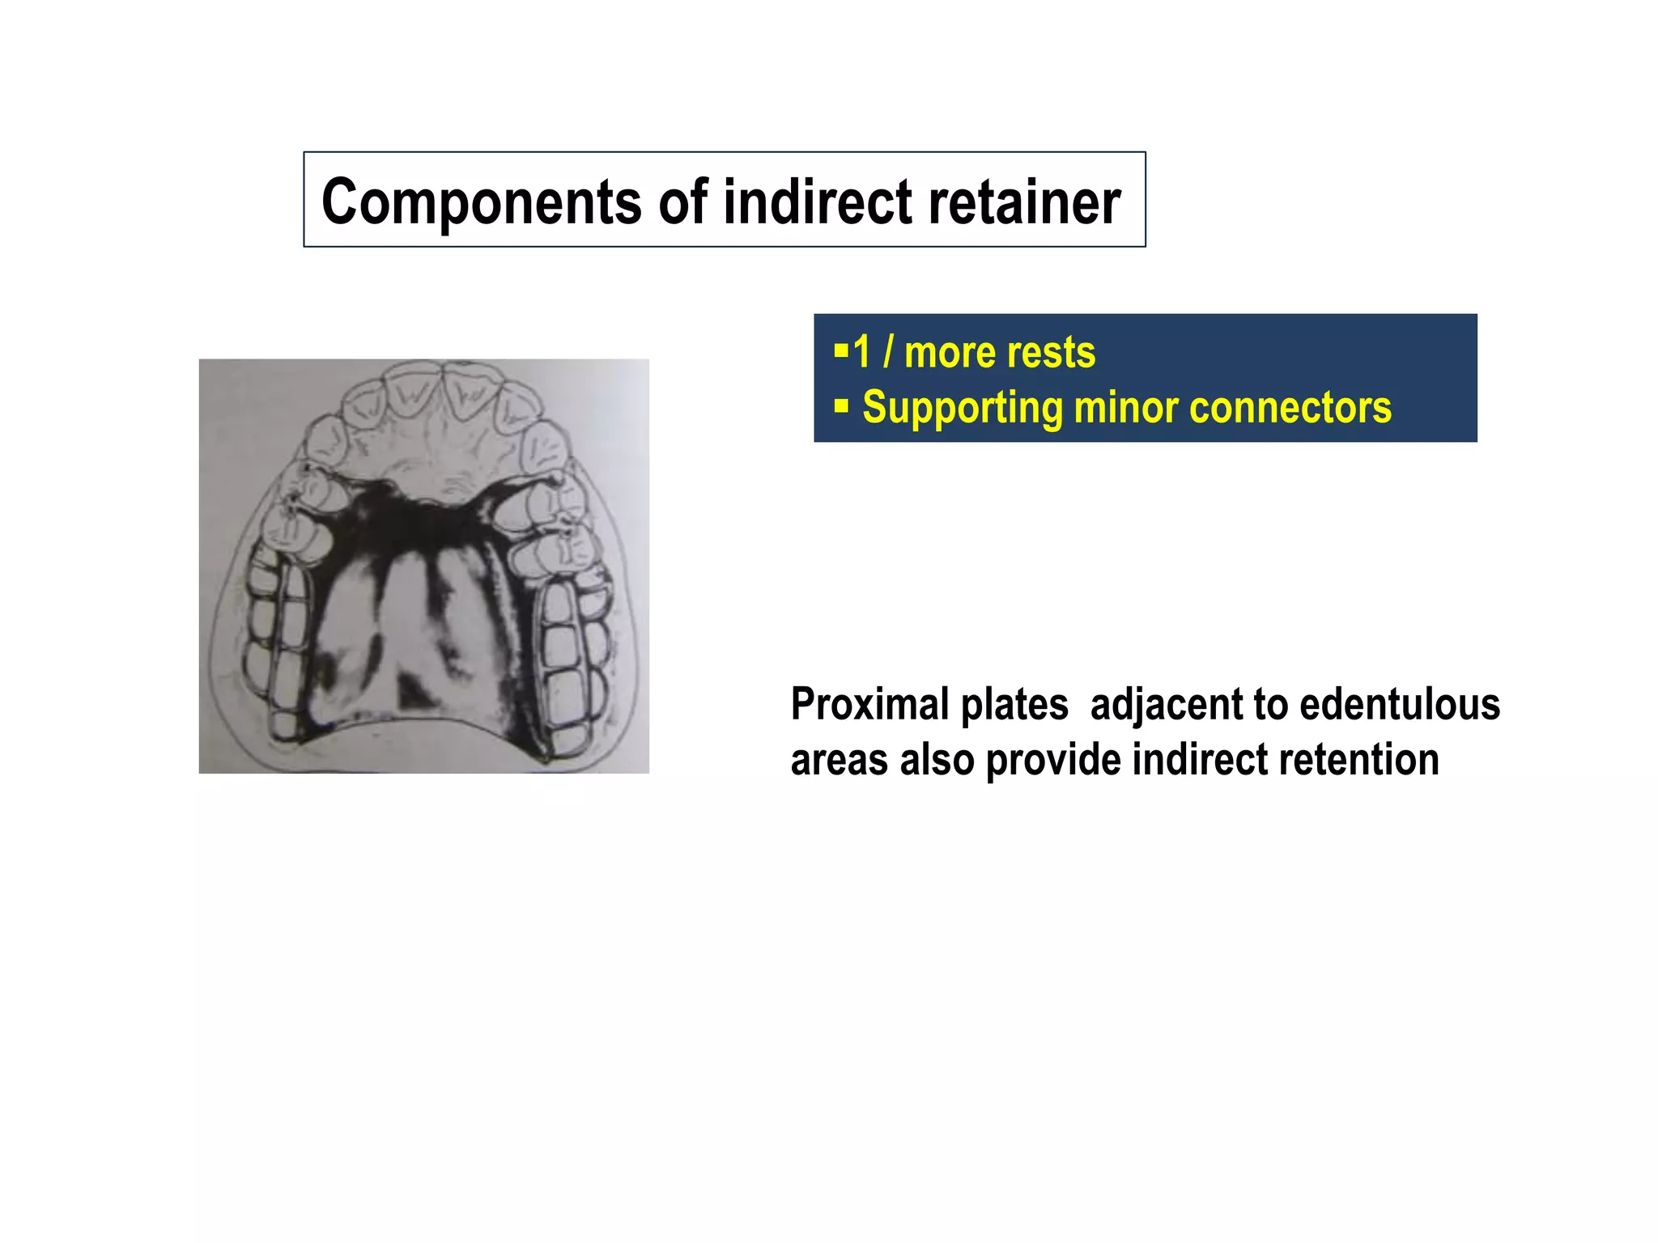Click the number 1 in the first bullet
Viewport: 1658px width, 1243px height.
tap(861, 353)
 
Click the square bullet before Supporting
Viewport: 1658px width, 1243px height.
tap(841, 405)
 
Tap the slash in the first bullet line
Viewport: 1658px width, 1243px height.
tap(888, 353)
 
